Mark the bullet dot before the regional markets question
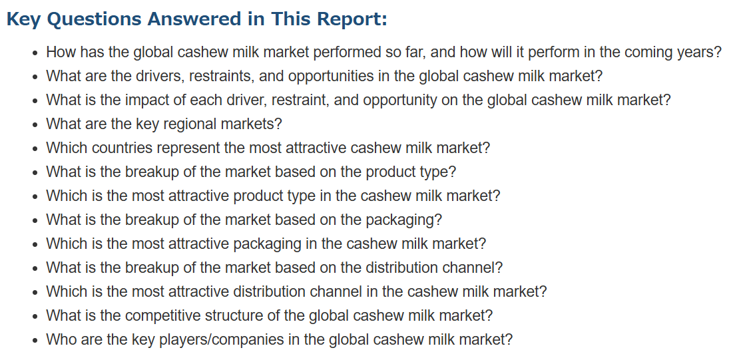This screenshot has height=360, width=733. tap(35, 125)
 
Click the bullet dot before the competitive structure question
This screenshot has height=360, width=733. tap(35, 317)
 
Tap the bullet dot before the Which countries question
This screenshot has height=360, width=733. tap(35, 148)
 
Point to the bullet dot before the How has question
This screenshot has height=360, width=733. tap(35, 53)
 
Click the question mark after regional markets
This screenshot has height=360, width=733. tap(278, 124)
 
